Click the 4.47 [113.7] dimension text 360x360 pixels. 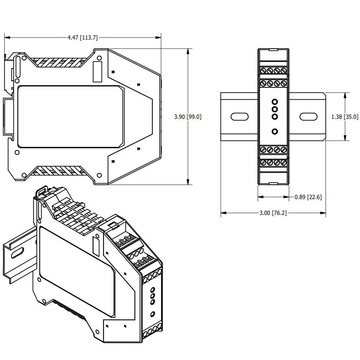pos(82,37)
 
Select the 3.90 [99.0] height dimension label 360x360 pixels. pos(188,117)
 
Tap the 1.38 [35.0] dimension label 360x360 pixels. pos(345,117)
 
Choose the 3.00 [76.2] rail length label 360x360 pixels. pos(273,213)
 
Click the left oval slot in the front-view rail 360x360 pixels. pos(239,117)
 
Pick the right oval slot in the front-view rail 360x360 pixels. pos(308,117)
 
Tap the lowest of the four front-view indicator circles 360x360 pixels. pos(275,131)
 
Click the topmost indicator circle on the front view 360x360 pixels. pos(275,102)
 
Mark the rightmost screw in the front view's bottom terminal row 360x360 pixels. pos(284,163)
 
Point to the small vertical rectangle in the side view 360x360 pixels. pos(97,71)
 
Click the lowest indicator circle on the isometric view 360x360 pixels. pos(152,314)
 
